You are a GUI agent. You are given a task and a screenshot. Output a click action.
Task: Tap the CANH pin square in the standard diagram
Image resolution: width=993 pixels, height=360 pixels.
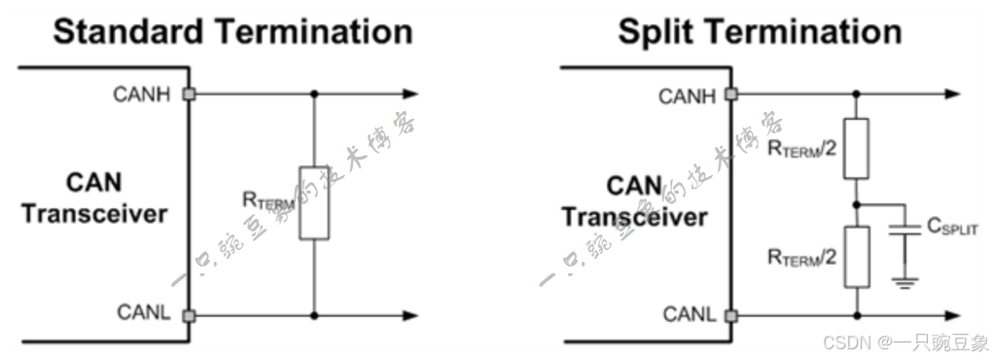(x=191, y=94)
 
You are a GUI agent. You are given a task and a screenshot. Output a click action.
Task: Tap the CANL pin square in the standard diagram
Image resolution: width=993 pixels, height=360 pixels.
(x=191, y=315)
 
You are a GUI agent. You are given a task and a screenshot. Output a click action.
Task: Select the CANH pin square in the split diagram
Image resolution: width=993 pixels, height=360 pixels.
(x=732, y=94)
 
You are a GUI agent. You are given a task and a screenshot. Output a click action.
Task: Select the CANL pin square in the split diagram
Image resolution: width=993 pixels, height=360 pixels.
(x=732, y=315)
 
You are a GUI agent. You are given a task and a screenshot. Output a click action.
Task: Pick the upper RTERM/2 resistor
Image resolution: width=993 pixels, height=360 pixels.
(x=855, y=149)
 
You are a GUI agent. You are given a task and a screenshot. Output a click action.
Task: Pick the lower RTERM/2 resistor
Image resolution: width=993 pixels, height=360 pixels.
(x=855, y=257)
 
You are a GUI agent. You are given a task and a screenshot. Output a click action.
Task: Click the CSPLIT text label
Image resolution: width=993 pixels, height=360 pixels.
(x=949, y=227)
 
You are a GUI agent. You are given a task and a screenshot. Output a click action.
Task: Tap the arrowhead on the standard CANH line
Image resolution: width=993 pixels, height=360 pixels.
(x=409, y=94)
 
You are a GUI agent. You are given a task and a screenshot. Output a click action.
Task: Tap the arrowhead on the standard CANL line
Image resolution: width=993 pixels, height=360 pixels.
(x=409, y=315)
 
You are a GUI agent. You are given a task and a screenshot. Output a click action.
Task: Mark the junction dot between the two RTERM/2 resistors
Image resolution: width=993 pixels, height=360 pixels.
(x=855, y=204)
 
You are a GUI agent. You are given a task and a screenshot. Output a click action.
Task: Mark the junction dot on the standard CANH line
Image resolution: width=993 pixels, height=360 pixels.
(x=313, y=94)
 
